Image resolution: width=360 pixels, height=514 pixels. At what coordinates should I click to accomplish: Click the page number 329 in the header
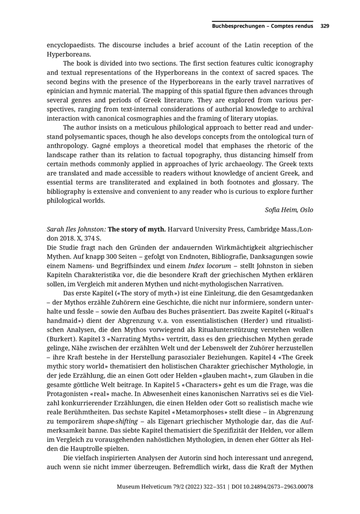point(325,26)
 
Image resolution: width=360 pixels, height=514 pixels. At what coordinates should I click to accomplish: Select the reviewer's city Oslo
point(306,210)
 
